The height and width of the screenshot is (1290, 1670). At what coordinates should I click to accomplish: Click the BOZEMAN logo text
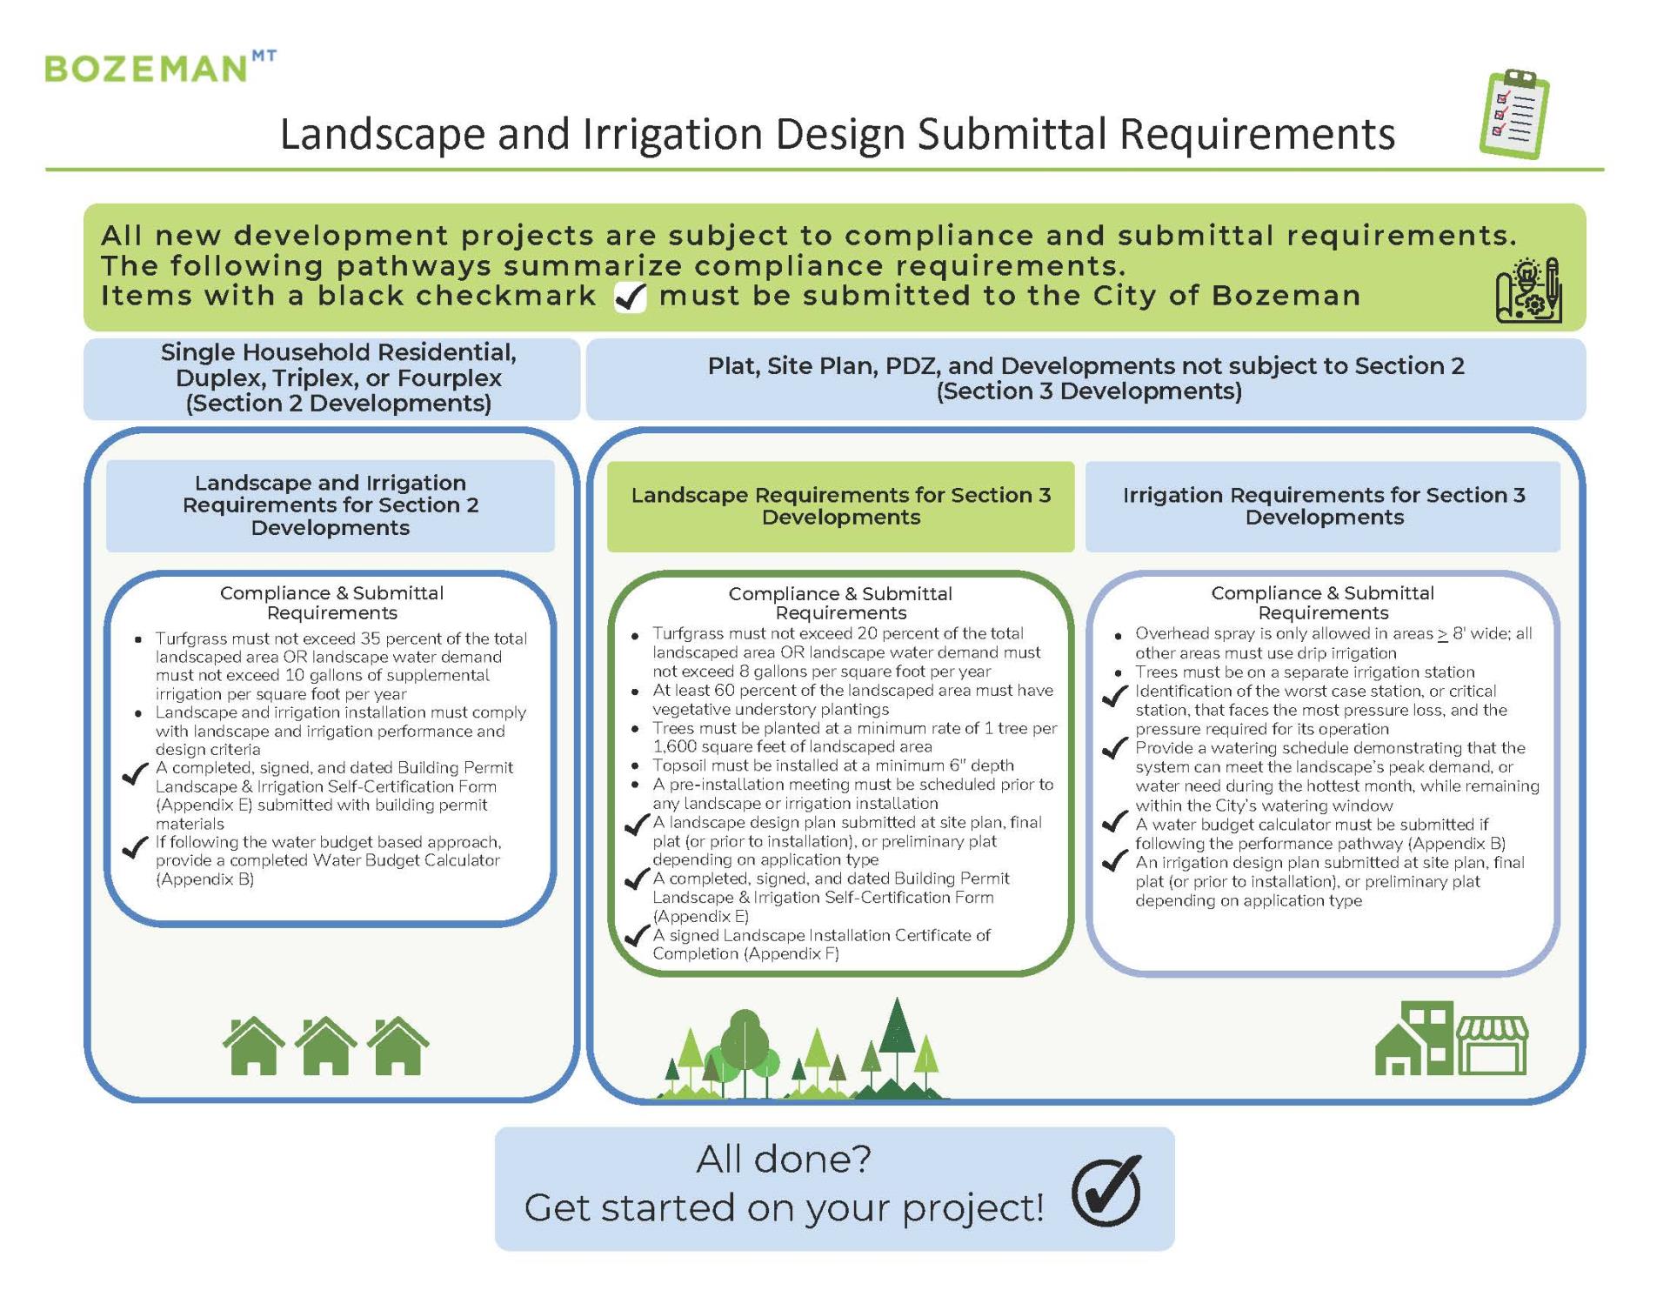(x=146, y=68)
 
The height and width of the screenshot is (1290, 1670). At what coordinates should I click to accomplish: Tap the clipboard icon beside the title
(x=1514, y=115)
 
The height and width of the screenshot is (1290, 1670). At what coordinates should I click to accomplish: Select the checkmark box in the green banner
(x=631, y=297)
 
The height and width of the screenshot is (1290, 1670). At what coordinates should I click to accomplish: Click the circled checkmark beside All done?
(x=1106, y=1191)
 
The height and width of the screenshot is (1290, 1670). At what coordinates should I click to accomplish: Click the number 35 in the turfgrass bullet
(x=371, y=638)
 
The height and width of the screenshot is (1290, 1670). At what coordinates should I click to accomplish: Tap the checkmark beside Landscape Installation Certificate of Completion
(x=638, y=936)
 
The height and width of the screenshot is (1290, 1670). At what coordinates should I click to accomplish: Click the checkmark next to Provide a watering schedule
(x=1114, y=748)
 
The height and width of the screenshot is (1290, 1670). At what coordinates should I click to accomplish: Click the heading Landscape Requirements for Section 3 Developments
(x=840, y=505)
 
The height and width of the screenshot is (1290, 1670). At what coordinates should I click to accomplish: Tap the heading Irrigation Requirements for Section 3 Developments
(x=1323, y=505)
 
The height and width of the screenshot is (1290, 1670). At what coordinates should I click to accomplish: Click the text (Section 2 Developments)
(x=338, y=404)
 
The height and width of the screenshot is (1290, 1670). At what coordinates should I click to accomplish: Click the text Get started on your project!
(x=784, y=1207)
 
